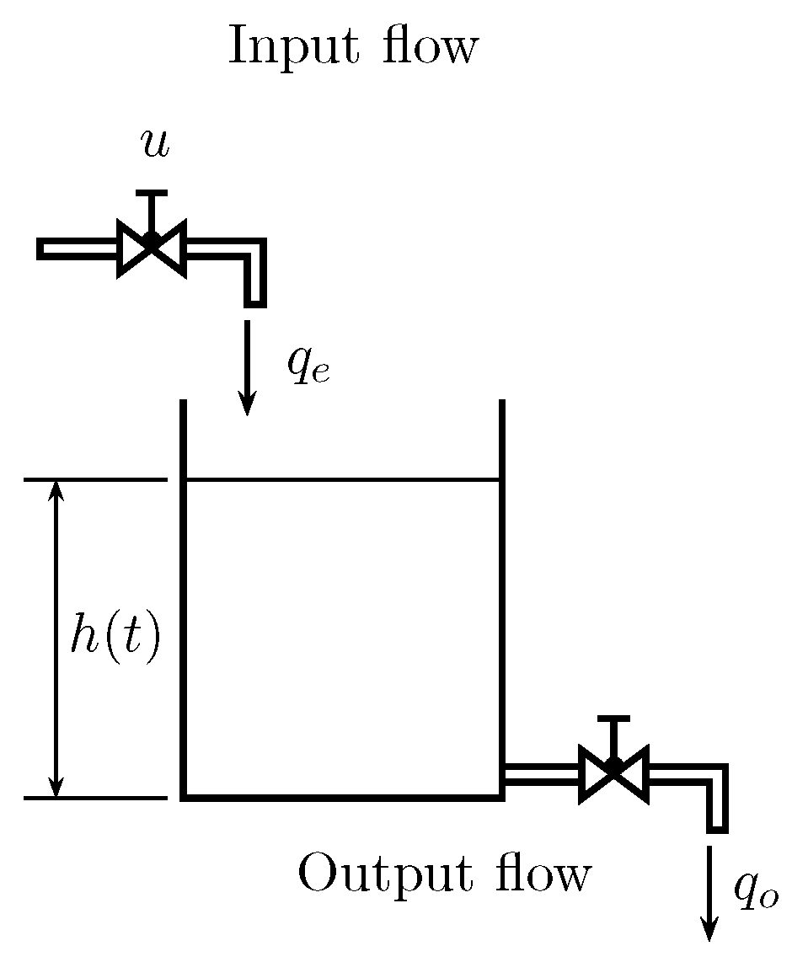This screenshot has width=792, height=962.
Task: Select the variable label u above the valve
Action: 155,145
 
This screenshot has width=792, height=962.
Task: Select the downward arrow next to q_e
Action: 247,367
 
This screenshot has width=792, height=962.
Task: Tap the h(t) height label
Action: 115,639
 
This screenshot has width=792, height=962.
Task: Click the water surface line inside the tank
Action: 341,480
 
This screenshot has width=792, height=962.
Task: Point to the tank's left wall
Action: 183,598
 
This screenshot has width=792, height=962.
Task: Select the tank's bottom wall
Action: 341,795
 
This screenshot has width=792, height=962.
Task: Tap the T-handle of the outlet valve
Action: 613,722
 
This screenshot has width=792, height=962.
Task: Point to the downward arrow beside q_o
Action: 710,893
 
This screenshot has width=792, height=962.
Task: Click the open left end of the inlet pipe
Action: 42,249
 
